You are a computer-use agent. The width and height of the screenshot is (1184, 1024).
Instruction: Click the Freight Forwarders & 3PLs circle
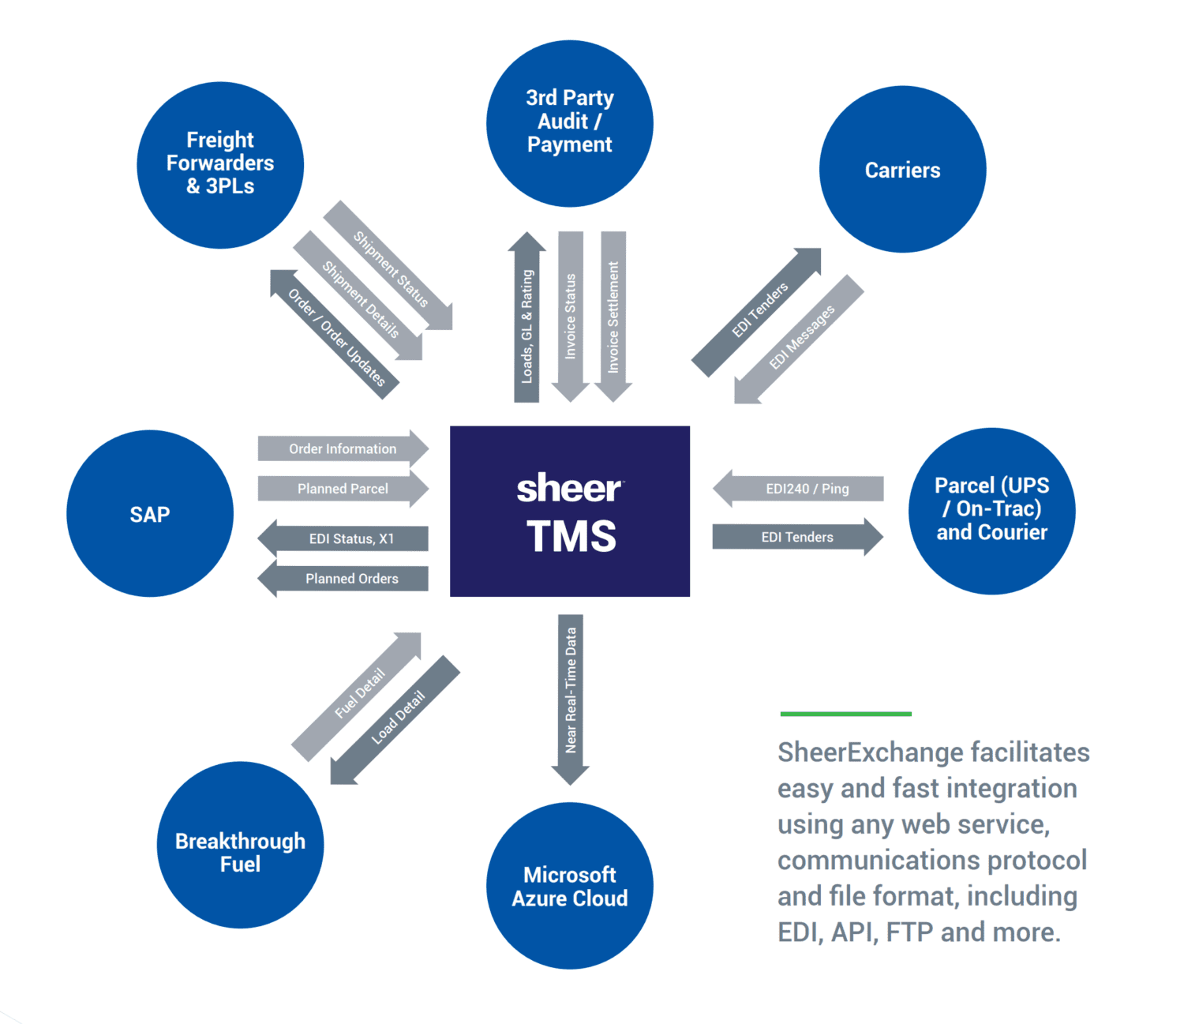[x=220, y=164]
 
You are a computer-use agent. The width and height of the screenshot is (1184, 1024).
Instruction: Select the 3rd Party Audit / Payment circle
[x=569, y=123]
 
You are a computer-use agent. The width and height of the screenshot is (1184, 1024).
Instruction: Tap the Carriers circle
[x=902, y=170]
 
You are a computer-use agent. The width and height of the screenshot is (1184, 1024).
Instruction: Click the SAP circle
[x=150, y=514]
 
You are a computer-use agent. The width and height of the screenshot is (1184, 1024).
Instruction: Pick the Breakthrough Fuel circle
[x=240, y=845]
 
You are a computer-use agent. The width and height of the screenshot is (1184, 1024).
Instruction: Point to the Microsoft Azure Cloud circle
[x=569, y=886]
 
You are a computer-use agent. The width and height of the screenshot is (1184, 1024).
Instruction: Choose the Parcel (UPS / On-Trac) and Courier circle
[x=991, y=510]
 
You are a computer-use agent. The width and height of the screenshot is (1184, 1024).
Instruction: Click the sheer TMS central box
[x=569, y=511]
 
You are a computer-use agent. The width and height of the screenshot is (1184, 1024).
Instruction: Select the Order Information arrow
[x=343, y=448]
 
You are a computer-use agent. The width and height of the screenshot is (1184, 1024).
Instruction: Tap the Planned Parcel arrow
[x=343, y=489]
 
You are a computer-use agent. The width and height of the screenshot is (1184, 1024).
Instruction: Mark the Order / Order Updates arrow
[x=335, y=336]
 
